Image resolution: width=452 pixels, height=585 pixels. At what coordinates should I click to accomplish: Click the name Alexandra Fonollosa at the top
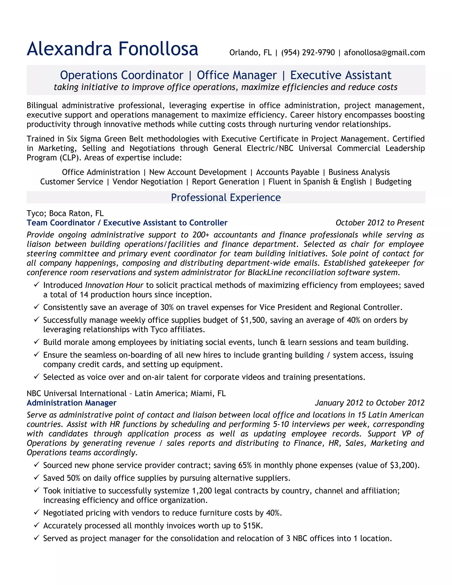click(x=113, y=49)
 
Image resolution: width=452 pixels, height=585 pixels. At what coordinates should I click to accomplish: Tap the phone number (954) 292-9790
click(x=308, y=53)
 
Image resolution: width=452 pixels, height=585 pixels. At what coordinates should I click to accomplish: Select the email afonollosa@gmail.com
click(x=384, y=53)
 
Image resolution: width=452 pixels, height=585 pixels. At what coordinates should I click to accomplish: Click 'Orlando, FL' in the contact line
click(x=250, y=53)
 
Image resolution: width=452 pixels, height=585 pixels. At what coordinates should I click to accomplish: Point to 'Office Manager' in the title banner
click(x=237, y=75)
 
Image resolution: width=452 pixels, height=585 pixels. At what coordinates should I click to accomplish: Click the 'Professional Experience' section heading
click(x=226, y=197)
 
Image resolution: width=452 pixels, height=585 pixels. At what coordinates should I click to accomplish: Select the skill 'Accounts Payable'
click(x=288, y=172)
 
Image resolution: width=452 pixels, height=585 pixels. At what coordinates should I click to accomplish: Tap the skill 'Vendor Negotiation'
click(x=147, y=182)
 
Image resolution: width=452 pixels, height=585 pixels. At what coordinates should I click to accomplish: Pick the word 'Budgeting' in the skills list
click(x=393, y=182)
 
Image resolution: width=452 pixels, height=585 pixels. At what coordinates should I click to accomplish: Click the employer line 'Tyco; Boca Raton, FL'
click(x=65, y=213)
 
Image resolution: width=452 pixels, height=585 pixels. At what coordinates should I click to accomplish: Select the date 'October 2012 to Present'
click(x=380, y=223)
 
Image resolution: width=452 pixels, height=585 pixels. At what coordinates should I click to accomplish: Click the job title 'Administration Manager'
click(x=72, y=403)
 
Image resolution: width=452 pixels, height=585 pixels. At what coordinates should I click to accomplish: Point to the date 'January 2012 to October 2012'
click(x=369, y=403)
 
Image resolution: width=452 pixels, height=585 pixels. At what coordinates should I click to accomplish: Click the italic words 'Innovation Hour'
click(x=114, y=285)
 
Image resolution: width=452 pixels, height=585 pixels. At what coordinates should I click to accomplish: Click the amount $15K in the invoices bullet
click(x=252, y=526)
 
